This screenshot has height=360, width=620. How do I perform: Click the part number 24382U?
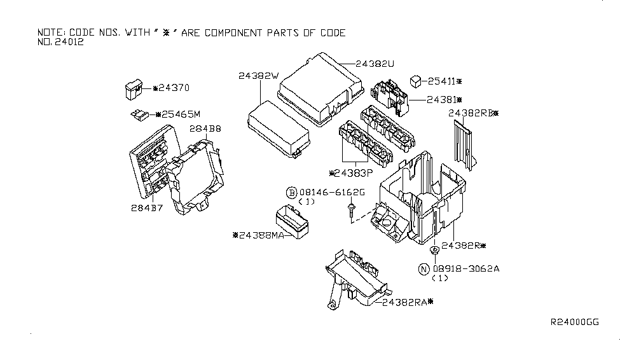(376, 64)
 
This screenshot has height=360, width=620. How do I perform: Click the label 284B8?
(205, 129)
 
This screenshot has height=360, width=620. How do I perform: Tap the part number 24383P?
(352, 172)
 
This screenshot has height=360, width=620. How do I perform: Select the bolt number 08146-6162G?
(332, 193)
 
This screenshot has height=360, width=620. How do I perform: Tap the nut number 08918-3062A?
(466, 269)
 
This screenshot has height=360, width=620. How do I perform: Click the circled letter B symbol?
(291, 193)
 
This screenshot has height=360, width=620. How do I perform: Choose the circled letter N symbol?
(424, 269)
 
